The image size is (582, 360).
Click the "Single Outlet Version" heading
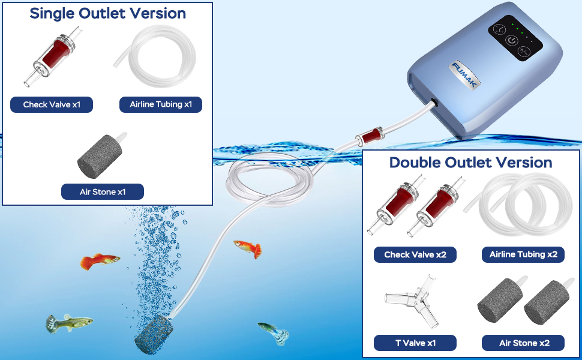coord(107,13)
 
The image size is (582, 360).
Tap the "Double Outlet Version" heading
coord(470,163)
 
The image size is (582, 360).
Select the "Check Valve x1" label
coord(52,104)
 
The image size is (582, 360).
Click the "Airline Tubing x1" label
coord(161,104)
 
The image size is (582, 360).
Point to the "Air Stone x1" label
coord(103,192)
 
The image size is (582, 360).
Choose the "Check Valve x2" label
coord(415,254)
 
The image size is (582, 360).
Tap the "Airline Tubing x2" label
coord(523,254)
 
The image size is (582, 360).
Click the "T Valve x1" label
coord(415,343)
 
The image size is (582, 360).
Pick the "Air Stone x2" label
coord(523,343)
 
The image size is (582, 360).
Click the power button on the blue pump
coord(511,41)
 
